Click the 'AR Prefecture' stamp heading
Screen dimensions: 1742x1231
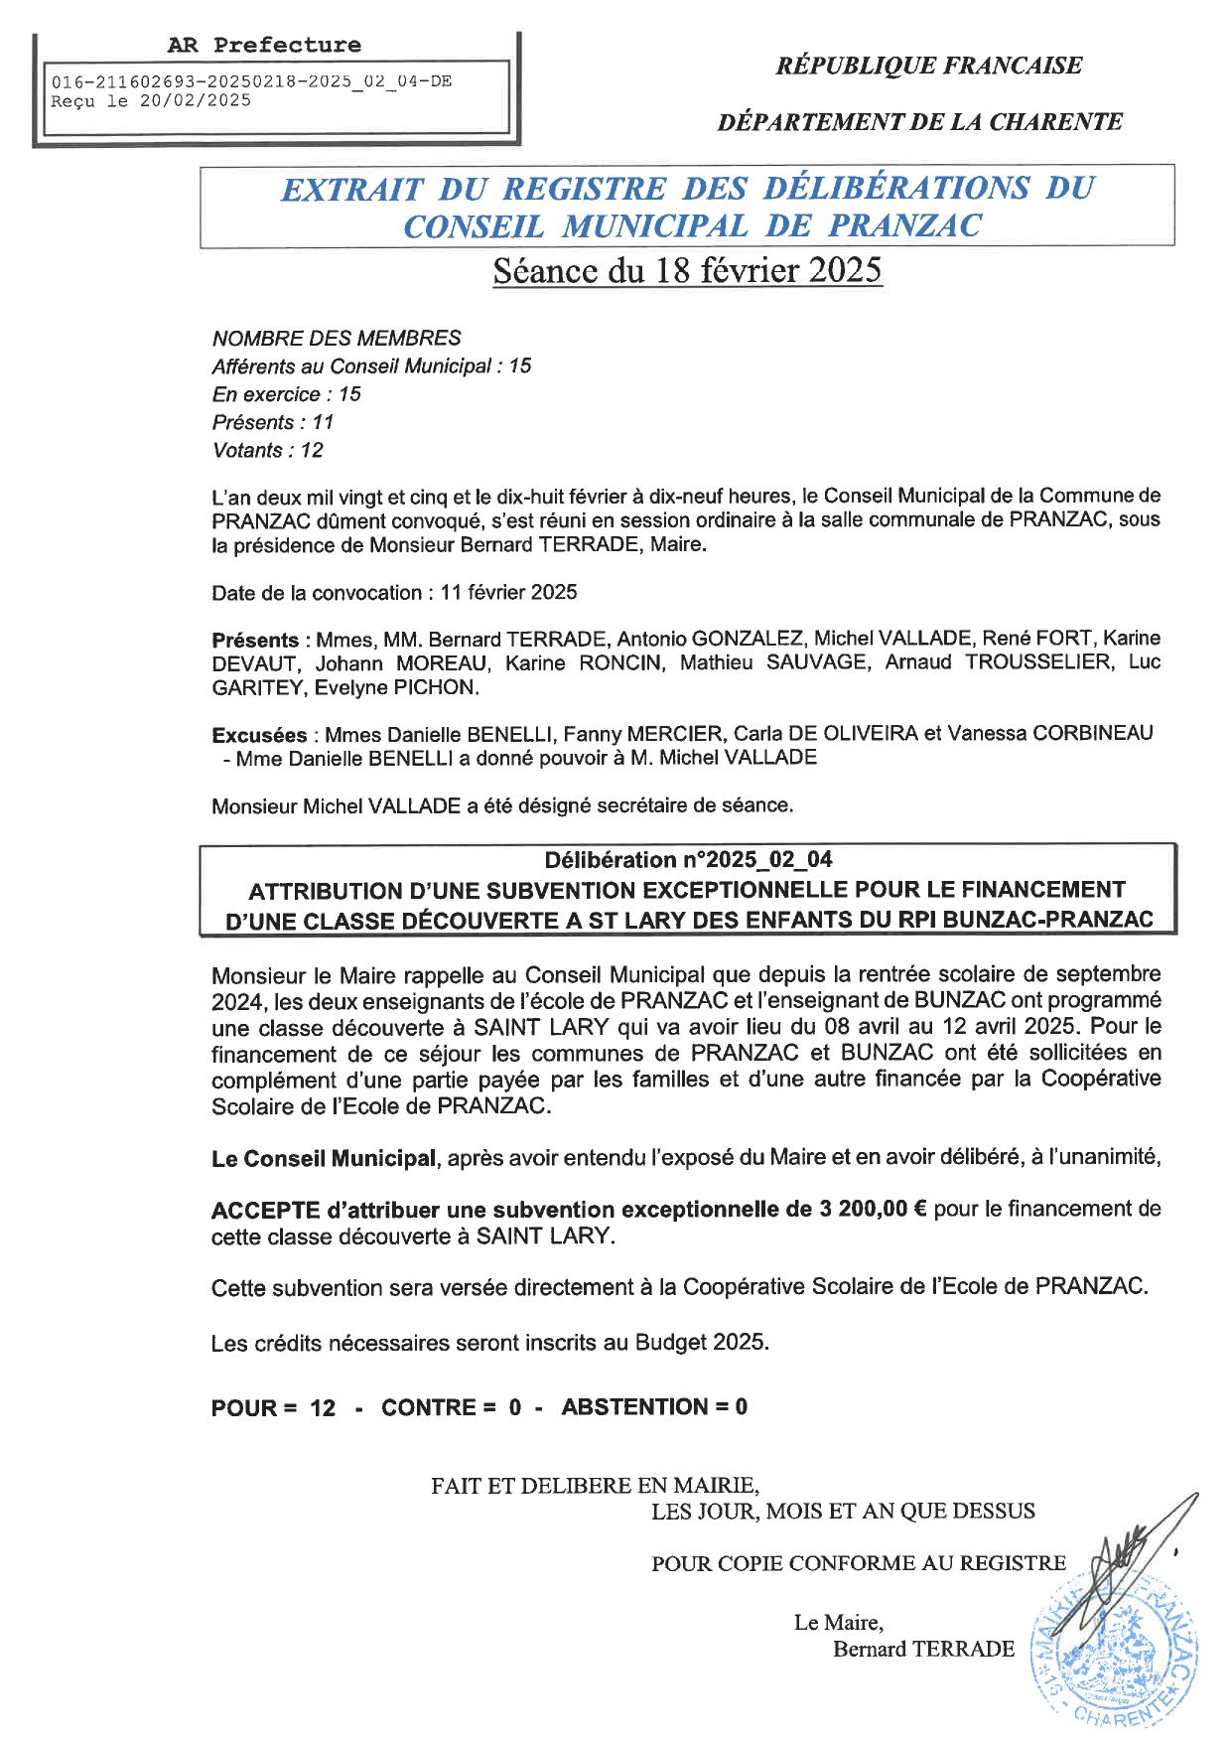pyautogui.click(x=264, y=45)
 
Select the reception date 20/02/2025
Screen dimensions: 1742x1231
pyautogui.click(x=195, y=100)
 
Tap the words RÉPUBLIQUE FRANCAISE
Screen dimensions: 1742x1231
pyautogui.click(x=928, y=66)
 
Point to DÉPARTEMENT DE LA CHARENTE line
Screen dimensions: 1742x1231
pyautogui.click(x=919, y=122)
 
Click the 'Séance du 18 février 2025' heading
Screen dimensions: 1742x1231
pyautogui.click(x=687, y=271)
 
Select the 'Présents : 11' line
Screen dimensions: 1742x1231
pyautogui.click(x=273, y=422)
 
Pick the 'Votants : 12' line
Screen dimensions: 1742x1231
pyautogui.click(x=268, y=450)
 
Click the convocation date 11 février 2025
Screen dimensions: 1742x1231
pyautogui.click(x=508, y=592)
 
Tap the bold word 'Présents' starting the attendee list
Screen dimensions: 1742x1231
pyautogui.click(x=255, y=640)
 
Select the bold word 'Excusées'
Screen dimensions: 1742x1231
pyautogui.click(x=259, y=735)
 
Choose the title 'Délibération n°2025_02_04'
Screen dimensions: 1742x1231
pyautogui.click(x=688, y=860)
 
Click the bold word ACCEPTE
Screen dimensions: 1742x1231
pyautogui.click(x=265, y=1210)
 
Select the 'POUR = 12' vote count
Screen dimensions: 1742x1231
pyautogui.click(x=273, y=1407)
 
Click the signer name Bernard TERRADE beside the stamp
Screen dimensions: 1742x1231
pyautogui.click(x=923, y=1649)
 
